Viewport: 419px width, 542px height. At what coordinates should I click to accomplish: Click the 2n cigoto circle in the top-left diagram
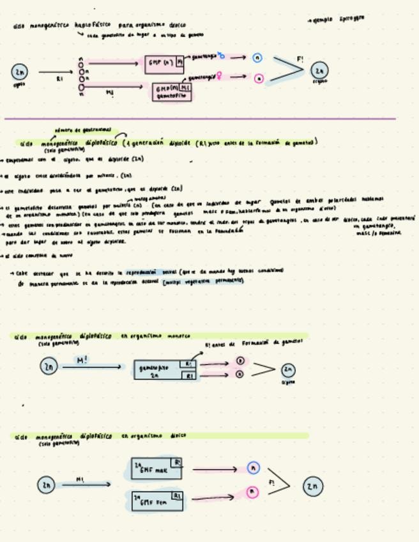point(19,72)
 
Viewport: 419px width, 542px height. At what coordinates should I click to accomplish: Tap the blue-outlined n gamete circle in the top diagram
point(257,58)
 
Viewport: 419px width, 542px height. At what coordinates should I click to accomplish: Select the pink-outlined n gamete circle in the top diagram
point(259,79)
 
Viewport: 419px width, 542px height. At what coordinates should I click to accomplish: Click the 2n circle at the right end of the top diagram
point(319,71)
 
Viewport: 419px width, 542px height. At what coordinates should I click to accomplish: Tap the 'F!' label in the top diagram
point(300,59)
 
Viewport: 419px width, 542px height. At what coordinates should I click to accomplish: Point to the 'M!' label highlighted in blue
point(82,360)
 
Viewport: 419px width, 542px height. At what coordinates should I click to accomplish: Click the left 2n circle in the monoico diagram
point(49,366)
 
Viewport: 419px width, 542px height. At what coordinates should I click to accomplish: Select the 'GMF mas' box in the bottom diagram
point(156,468)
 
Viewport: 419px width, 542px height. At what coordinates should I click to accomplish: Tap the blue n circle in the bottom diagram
point(254,468)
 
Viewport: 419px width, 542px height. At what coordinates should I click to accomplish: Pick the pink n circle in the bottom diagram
point(253,492)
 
